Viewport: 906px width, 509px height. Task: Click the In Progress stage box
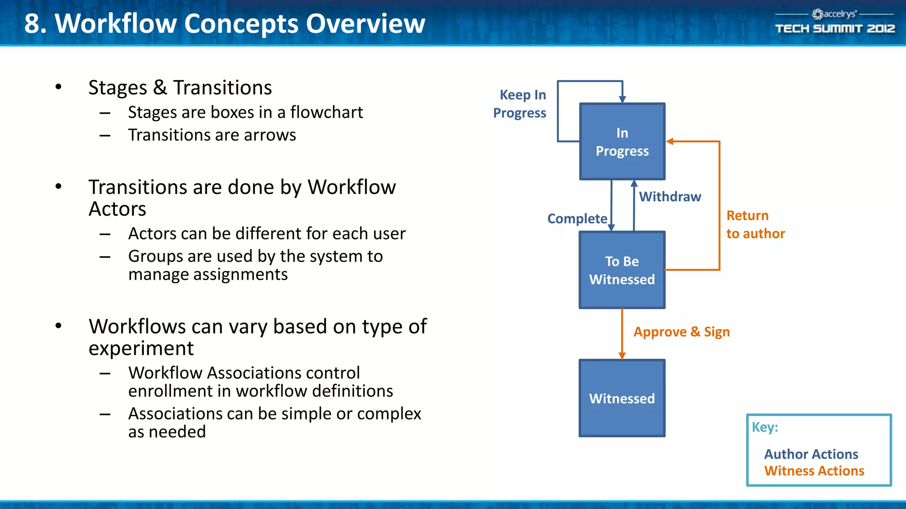(622, 142)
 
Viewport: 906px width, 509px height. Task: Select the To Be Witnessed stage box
(622, 270)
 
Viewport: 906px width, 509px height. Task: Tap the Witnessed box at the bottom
(622, 398)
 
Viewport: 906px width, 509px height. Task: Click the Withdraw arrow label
(670, 197)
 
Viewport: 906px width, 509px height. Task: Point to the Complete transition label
(577, 219)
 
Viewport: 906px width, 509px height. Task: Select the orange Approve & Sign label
(681, 332)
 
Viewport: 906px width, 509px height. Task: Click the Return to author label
(755, 224)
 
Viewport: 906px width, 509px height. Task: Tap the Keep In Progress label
(520, 104)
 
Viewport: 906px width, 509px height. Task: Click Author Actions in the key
(811, 454)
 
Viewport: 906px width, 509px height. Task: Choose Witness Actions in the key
(814, 471)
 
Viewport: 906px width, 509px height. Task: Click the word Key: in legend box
(765, 427)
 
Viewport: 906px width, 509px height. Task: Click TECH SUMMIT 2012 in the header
(835, 29)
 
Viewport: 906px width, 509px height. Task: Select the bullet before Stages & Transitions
(58, 87)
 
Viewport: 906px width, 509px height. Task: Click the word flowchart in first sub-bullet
(326, 113)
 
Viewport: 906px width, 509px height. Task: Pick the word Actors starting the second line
(117, 209)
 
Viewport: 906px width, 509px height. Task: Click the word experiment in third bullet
(141, 349)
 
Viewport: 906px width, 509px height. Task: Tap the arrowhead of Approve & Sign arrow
(622, 356)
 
